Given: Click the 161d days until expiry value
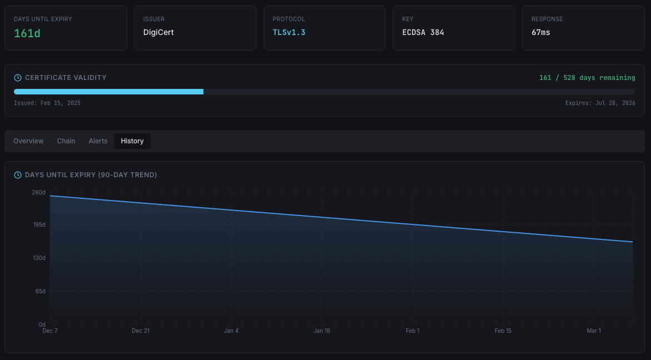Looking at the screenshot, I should pos(27,33).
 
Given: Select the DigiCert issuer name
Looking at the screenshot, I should pos(158,32).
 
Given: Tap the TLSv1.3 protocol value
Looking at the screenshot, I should pos(289,32).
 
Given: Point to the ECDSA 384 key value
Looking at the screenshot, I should pos(423,32).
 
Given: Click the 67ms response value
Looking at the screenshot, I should pos(541,32).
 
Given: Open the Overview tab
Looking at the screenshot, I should pos(28,141).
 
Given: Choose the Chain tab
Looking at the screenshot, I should pos(66,141).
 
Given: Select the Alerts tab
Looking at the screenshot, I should pos(98,141).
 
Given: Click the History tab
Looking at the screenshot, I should pos(132,141).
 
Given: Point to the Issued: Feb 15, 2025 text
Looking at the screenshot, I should pos(47,103).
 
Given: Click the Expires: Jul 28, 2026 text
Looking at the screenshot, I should pos(600,103).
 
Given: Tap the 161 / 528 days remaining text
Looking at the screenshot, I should pos(587,78).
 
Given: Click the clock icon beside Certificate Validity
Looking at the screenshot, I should pos(18,78).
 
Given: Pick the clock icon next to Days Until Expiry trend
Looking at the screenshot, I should pos(18,175).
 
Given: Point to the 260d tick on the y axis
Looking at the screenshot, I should pos(39,192).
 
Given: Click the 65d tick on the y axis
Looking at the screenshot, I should pos(40,291).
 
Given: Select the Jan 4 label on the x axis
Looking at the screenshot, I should pos(231,331).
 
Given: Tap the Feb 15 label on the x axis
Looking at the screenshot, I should pos(503,331).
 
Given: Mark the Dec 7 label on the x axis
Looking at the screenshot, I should pos(50,331).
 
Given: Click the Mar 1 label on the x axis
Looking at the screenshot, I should pos(594,331).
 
